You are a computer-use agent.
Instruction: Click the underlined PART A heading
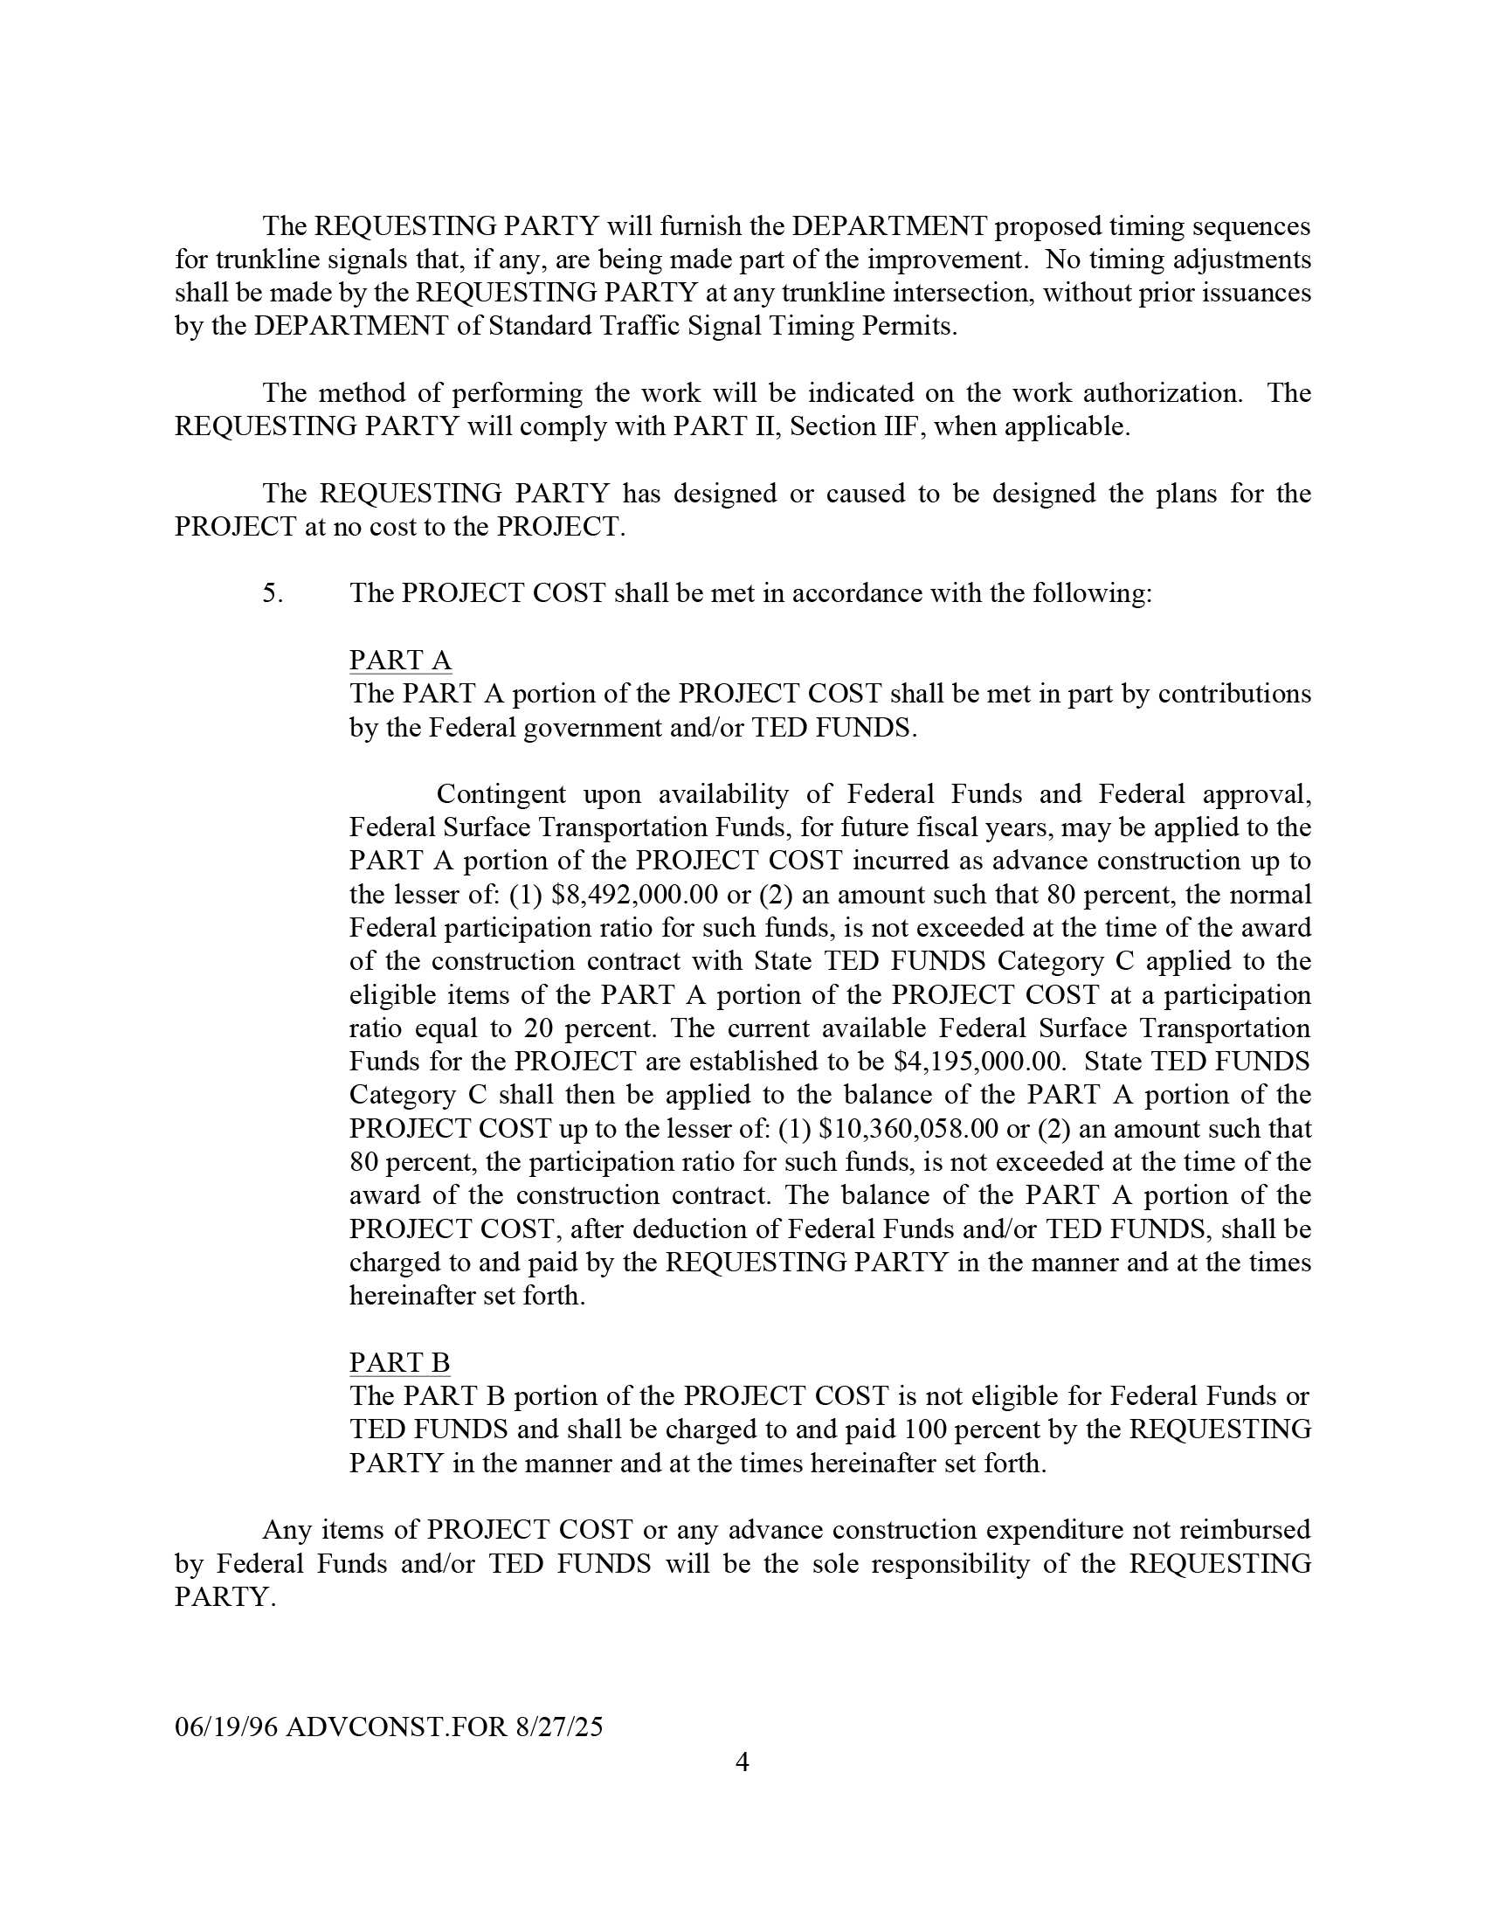pos(400,660)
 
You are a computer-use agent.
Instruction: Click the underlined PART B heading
pos(399,1362)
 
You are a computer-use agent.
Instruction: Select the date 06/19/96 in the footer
pos(226,1727)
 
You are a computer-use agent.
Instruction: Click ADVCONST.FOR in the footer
pos(397,1727)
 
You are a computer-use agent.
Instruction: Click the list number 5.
pos(272,593)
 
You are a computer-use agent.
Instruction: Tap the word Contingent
pos(502,794)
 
